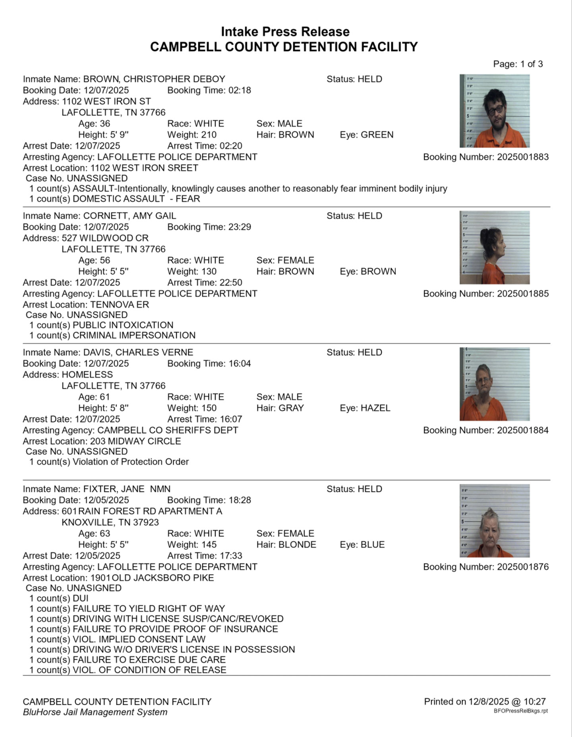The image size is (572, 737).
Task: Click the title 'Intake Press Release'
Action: (285, 32)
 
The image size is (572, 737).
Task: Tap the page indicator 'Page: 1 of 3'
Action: (518, 64)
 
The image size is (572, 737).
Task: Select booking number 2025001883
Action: (523, 157)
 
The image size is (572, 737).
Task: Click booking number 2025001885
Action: (523, 294)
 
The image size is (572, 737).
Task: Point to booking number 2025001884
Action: (523, 430)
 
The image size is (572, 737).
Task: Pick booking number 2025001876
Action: (523, 567)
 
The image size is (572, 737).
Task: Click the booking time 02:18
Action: (240, 90)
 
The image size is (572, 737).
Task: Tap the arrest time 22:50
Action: (231, 282)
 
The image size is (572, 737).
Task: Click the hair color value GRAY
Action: (291, 408)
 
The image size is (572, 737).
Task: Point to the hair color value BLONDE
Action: (297, 545)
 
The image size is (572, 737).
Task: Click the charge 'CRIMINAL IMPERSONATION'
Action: (134, 335)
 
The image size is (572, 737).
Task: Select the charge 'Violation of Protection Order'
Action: (131, 462)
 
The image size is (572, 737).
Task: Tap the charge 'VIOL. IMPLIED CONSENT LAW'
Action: (139, 639)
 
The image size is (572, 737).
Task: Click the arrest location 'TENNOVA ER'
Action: (120, 305)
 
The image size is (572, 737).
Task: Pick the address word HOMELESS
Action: (87, 374)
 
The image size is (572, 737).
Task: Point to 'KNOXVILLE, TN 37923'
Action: (110, 522)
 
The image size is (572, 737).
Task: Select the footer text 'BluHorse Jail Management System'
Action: (95, 712)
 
